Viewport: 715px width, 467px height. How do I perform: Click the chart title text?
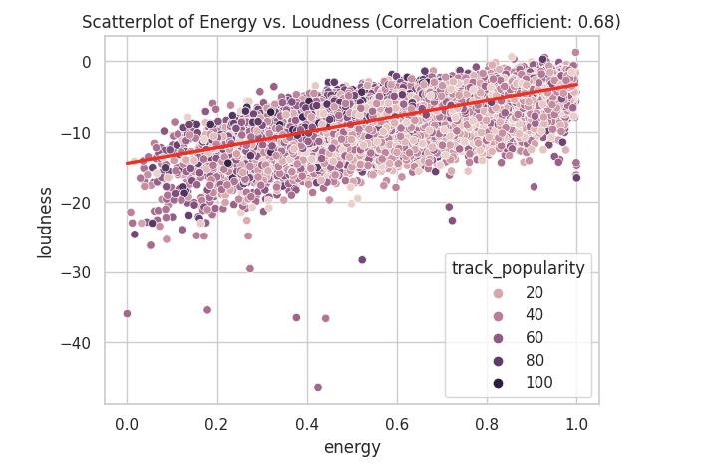coord(351,22)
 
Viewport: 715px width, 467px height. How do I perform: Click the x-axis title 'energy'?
coord(352,447)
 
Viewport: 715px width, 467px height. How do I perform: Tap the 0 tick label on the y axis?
coord(87,62)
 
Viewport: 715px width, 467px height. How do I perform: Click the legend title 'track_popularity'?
coord(518,268)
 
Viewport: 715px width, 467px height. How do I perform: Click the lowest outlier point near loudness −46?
coord(318,387)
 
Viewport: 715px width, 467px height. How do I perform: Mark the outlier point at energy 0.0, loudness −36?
coord(127,313)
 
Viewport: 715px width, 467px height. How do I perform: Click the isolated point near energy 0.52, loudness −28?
coord(362,260)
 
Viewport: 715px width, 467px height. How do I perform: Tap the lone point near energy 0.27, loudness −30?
coord(250,268)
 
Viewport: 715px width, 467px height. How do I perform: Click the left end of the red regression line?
coord(128,163)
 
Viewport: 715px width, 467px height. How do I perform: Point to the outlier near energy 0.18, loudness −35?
coord(207,310)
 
